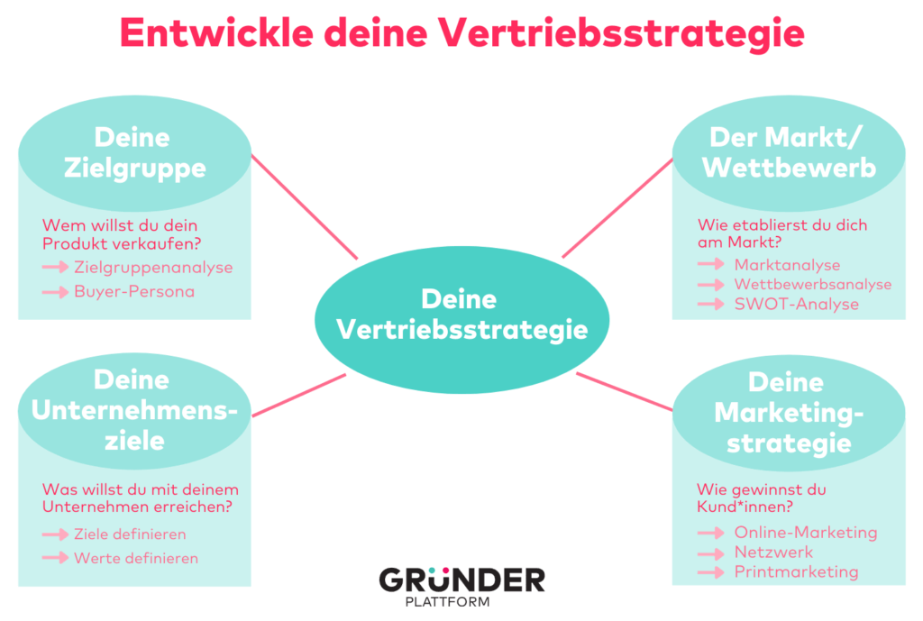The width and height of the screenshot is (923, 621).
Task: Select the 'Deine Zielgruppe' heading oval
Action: [x=135, y=152]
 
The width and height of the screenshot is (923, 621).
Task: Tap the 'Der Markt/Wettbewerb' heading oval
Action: [x=789, y=152]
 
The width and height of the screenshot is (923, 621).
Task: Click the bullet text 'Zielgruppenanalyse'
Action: [x=153, y=268]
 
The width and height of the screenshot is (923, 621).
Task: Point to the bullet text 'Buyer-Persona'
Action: [x=134, y=292]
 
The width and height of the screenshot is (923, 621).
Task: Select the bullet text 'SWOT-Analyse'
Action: [x=796, y=305]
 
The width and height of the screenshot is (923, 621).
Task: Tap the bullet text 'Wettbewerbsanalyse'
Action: [x=812, y=285]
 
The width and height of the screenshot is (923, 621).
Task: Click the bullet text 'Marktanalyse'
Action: [x=787, y=265]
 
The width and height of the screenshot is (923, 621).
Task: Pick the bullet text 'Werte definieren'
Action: [x=136, y=558]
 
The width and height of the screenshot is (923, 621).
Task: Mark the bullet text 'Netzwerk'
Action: [x=773, y=553]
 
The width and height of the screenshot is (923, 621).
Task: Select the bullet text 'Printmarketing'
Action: [x=796, y=572]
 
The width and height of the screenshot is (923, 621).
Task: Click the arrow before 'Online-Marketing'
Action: [x=711, y=533]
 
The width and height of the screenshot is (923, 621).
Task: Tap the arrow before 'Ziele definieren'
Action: [x=56, y=534]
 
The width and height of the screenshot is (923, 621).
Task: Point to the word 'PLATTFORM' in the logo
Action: [x=461, y=601]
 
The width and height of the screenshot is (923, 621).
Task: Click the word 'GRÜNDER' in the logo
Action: [x=461, y=580]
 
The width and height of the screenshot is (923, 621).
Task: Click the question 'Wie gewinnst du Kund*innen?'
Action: [x=762, y=498]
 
